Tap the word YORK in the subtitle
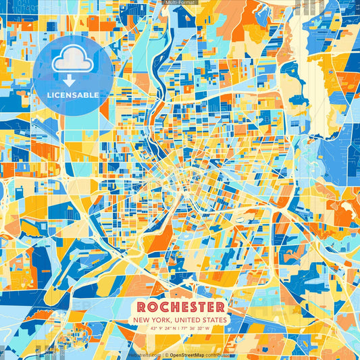point(165,319)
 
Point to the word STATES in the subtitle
point(214,319)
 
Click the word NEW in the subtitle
point(143,319)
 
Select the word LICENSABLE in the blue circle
point(72,95)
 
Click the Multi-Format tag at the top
point(180,3)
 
